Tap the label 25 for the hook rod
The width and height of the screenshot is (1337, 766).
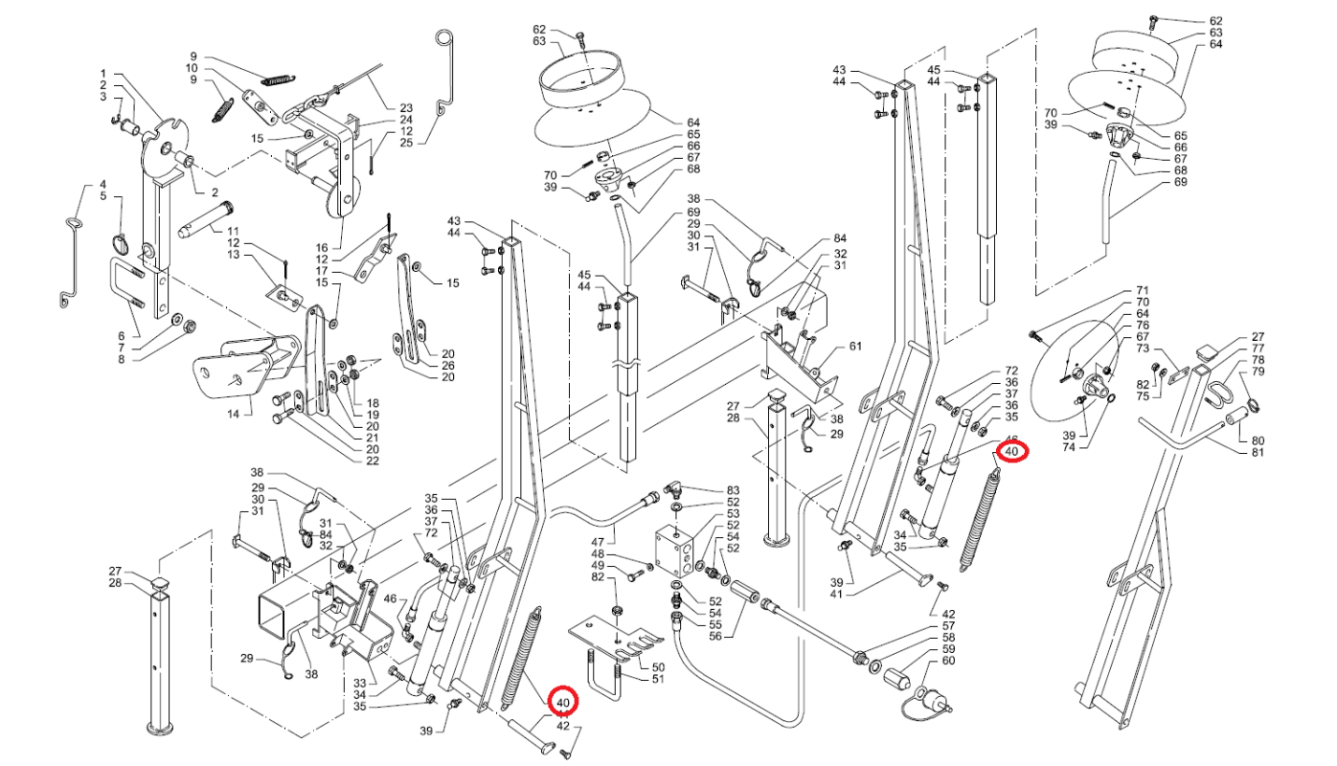[406, 143]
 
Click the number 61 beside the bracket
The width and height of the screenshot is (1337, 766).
[855, 346]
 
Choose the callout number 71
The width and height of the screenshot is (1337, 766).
[1142, 290]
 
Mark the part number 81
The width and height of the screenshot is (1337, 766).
[1258, 452]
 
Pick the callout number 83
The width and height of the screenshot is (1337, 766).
[734, 490]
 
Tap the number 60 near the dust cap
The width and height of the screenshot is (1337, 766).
[948, 661]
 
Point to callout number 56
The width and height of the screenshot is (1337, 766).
[714, 636]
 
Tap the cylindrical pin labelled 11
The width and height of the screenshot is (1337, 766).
[200, 231]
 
